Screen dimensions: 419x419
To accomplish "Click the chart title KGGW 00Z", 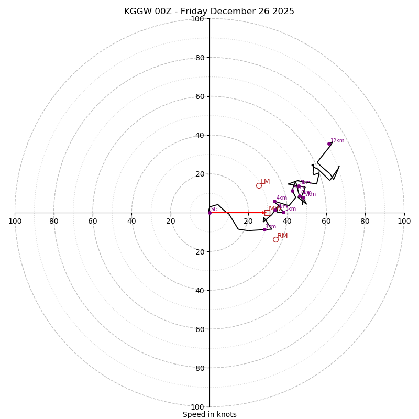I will [x=209, y=12].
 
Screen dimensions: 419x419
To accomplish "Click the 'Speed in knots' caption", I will [x=210, y=414].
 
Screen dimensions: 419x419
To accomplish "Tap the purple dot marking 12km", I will [x=329, y=144].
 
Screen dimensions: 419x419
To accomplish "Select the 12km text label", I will [x=337, y=140].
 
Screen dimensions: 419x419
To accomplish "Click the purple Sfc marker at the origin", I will [x=210, y=213].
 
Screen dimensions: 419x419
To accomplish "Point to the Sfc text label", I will [x=214, y=210].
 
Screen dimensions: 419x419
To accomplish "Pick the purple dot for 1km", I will [x=264, y=229].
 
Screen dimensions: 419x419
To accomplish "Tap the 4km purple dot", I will [x=274, y=201].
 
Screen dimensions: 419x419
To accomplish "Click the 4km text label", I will [x=282, y=197].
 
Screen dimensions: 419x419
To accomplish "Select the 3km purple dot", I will [x=283, y=212].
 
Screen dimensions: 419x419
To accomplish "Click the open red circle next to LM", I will [x=259, y=185].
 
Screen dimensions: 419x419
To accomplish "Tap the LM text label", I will [x=265, y=182].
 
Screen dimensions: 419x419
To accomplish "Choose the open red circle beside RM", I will [x=275, y=239].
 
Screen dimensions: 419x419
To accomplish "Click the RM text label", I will [x=282, y=236].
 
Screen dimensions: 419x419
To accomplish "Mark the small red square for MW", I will [x=267, y=213].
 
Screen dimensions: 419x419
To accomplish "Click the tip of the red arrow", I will [x=265, y=213].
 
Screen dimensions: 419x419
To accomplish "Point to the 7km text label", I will [x=311, y=194].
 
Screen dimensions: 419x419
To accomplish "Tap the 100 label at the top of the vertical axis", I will [x=197, y=19].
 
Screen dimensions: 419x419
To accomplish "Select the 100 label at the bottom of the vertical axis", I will [x=197, y=407].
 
